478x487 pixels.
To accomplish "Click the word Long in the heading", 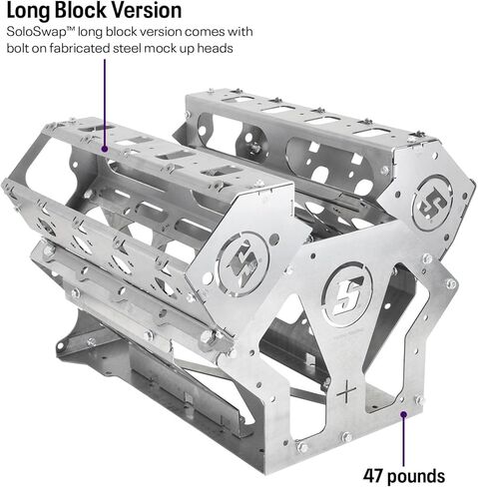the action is [28, 11].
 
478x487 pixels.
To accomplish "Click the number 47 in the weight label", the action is [373, 476].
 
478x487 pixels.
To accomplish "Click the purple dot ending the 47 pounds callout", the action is [404, 414].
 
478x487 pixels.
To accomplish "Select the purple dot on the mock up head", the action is [105, 149].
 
